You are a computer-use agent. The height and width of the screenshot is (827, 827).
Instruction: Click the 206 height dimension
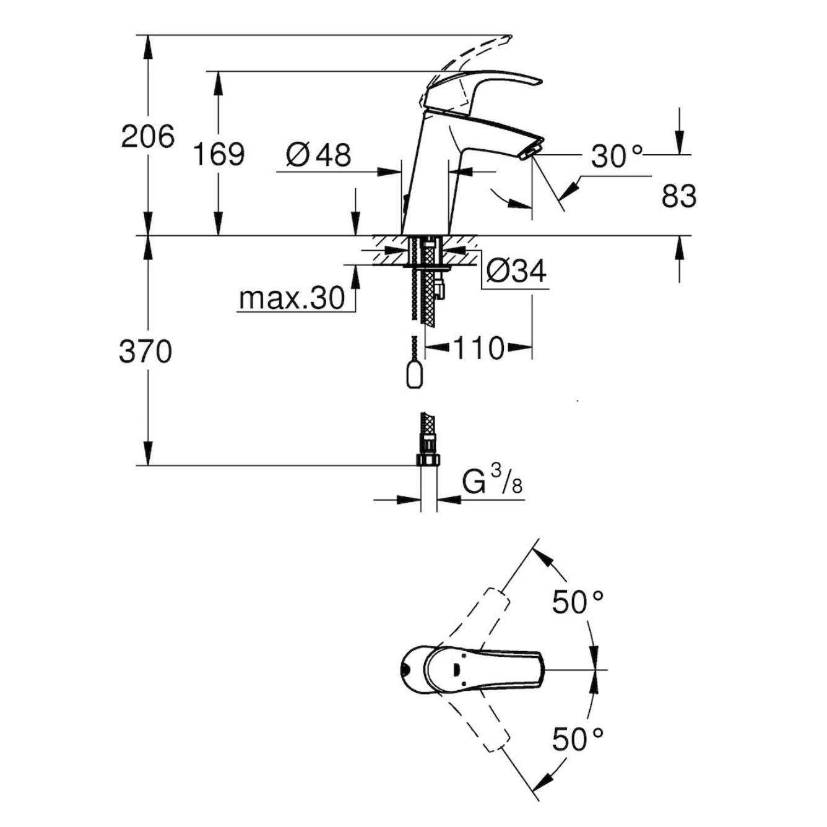147,136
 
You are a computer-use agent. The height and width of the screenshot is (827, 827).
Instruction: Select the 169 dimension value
219,154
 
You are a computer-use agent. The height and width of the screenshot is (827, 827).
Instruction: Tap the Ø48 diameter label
319,154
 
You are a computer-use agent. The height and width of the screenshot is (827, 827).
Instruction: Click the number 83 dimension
678,197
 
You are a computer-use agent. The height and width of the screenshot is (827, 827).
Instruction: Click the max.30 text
292,300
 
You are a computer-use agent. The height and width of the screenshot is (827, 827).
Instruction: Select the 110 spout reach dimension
480,349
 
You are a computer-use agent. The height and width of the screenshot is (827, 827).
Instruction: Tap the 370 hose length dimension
145,352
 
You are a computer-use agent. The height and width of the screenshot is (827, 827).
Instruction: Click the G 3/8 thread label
493,483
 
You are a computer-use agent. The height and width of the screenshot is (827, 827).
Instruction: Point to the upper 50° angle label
578,602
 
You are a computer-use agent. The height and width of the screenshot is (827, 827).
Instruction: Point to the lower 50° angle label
578,738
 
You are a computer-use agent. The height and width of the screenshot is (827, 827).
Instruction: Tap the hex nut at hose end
428,459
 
